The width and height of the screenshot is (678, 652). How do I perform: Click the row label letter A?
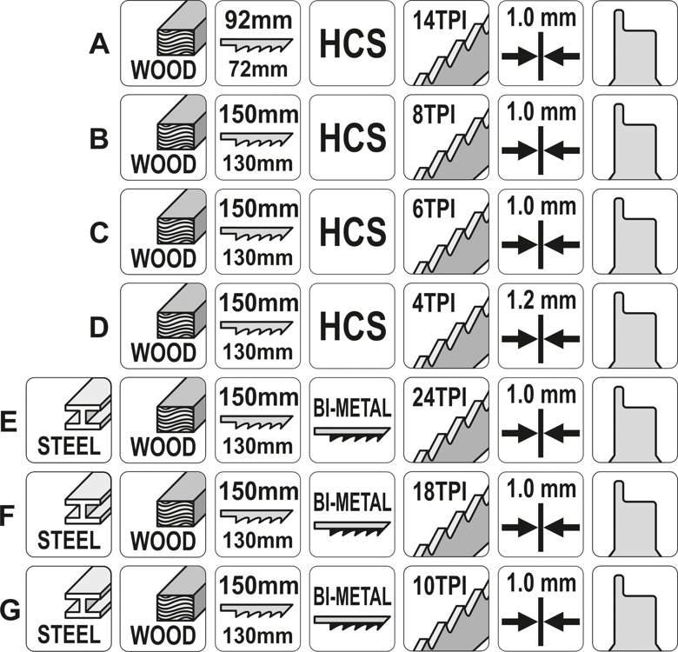coord(99,44)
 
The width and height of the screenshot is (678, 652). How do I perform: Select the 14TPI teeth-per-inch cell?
coord(446,43)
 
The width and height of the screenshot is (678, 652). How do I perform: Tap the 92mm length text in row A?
coord(258,20)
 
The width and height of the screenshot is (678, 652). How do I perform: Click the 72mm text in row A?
coord(258,69)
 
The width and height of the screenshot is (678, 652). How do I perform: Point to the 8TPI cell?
coord(446,137)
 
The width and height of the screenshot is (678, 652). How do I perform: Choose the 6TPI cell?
coord(446,232)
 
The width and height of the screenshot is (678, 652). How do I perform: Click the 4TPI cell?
coord(446,326)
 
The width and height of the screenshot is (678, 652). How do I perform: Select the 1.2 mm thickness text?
coord(541,301)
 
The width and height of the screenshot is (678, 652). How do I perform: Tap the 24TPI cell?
coord(446,420)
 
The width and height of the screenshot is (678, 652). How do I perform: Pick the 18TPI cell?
coord(446,515)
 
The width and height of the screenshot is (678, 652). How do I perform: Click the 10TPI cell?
coord(446,609)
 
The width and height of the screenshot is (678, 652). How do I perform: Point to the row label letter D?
coord(99,327)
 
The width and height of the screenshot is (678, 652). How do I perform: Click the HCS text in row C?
coord(352,232)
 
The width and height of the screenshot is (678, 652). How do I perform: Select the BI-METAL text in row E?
coord(352,409)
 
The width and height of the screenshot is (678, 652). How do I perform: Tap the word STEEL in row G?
coord(70,635)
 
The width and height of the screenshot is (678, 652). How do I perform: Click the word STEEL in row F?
coord(70,541)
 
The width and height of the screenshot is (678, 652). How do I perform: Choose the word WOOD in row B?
coord(163,163)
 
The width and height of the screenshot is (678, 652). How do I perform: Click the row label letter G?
coord(10,610)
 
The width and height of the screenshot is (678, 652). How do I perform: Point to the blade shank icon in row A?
coord(635,47)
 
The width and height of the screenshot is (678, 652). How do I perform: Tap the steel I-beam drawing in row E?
coord(88,405)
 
